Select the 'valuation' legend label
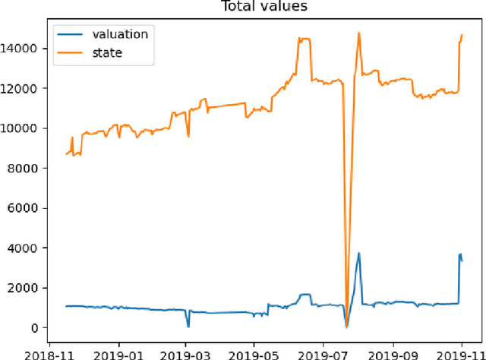(121, 33)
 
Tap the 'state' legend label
(108, 52)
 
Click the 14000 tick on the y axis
(20, 49)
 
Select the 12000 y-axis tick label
(20, 88)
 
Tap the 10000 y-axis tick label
(20, 128)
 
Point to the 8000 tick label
(23, 168)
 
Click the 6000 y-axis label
(23, 208)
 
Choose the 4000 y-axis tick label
(23, 248)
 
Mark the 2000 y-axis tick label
(23, 288)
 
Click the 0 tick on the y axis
(33, 327)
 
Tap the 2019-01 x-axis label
(118, 353)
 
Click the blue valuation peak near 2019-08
(358, 254)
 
